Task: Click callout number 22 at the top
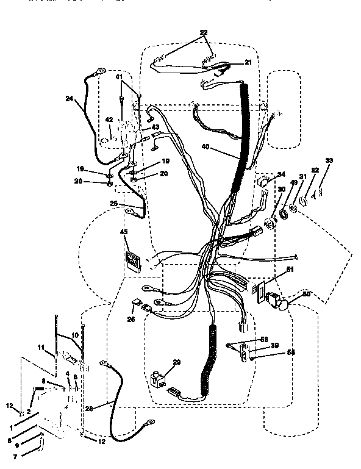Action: click(202, 32)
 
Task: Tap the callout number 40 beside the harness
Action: click(204, 147)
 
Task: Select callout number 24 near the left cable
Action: click(68, 98)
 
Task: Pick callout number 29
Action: click(177, 362)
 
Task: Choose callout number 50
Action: click(306, 295)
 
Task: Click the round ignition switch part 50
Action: click(284, 303)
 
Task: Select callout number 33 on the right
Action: click(330, 160)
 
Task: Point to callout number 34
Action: click(281, 174)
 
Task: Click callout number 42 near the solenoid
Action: click(109, 120)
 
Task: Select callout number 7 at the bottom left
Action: click(7, 456)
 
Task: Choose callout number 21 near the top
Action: click(248, 62)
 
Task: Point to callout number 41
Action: click(120, 77)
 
